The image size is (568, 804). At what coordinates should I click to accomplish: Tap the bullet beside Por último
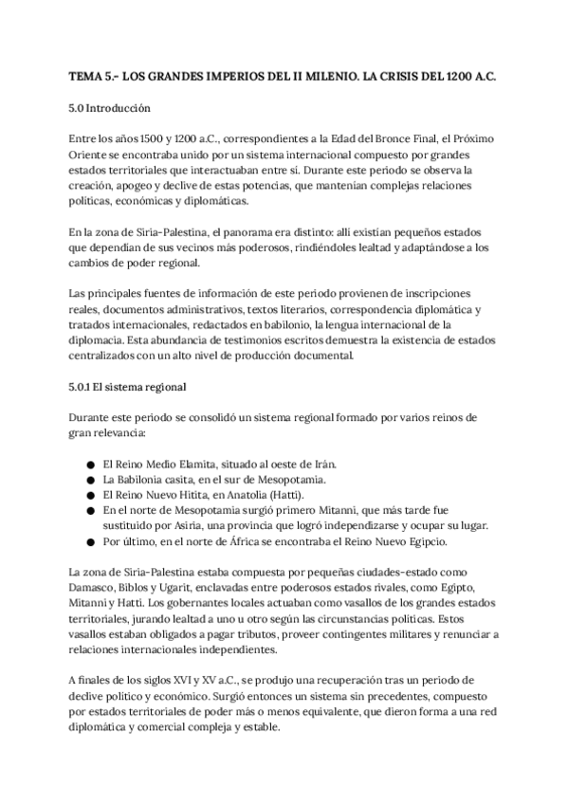click(88, 541)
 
